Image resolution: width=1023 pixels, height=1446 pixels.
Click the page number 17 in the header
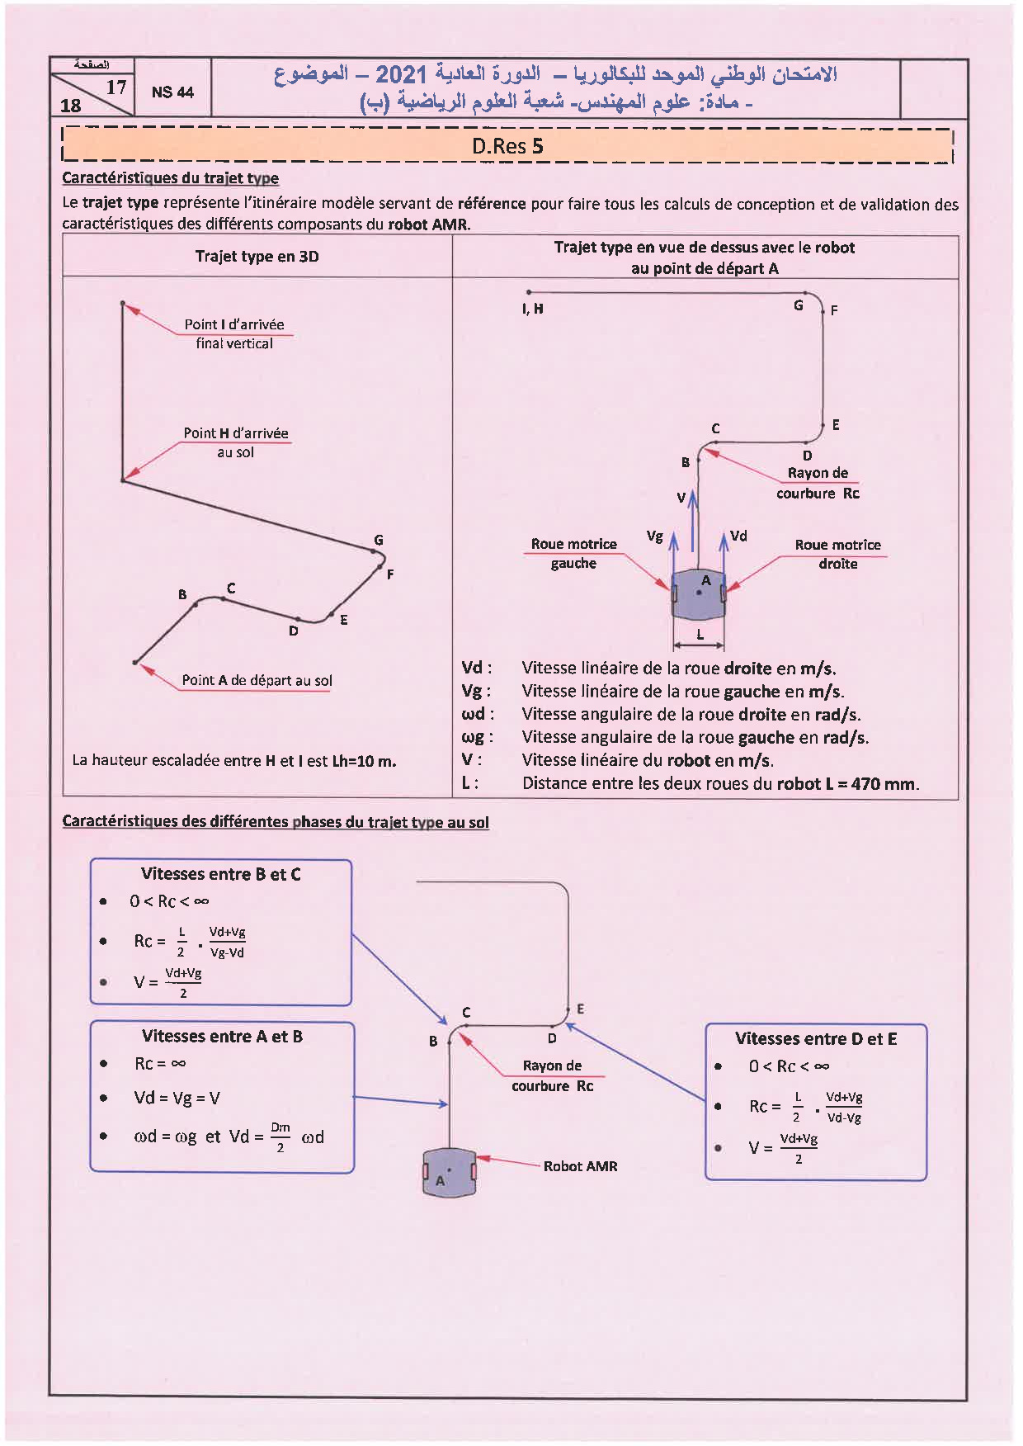point(116,87)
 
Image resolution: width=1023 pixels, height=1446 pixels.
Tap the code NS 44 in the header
point(172,92)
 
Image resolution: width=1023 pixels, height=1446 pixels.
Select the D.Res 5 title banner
point(507,147)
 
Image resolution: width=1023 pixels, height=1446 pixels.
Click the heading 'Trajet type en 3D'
point(257,257)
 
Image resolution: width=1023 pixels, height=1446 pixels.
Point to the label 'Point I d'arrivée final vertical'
point(234,333)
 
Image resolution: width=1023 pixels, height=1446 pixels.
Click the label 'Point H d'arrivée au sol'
point(236,442)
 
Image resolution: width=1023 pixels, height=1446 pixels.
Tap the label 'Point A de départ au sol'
point(257,680)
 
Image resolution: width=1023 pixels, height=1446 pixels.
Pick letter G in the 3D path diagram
point(379,540)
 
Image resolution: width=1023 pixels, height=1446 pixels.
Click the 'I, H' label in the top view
point(533,309)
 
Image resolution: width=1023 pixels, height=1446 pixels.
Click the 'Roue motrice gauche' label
point(574,554)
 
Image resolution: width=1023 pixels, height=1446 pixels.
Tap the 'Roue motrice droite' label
point(837,554)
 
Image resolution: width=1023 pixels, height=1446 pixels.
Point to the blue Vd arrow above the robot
point(724,551)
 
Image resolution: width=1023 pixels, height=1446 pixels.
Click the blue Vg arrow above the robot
point(674,551)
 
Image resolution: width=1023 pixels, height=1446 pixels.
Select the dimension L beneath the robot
point(700,636)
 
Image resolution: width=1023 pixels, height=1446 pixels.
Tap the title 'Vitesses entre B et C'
point(221,874)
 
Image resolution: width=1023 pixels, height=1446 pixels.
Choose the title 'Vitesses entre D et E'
point(816,1038)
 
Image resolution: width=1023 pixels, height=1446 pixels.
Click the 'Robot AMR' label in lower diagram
point(580,1166)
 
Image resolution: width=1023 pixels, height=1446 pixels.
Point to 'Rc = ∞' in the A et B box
point(160,1063)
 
